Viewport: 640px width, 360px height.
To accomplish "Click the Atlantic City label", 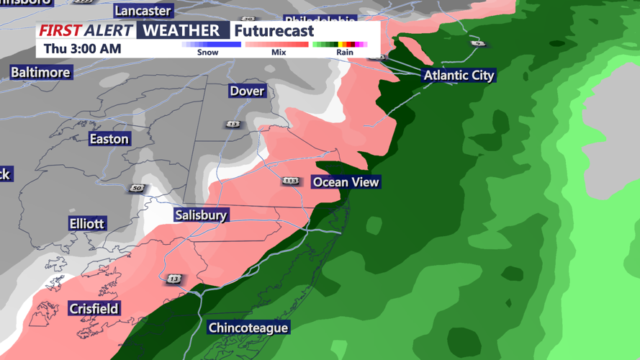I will click(459, 76).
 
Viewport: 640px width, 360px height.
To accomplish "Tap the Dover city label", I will click(247, 91).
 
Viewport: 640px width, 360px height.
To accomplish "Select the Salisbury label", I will click(201, 215).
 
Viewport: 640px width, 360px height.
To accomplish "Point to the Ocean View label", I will click(346, 182).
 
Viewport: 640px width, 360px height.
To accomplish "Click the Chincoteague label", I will click(248, 328).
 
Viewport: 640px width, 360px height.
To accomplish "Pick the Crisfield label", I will click(94, 309).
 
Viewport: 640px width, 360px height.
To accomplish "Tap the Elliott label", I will click(87, 224).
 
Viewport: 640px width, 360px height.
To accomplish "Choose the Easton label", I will click(109, 139).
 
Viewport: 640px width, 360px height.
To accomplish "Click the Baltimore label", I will click(40, 73).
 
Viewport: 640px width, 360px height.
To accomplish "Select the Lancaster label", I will click(143, 11).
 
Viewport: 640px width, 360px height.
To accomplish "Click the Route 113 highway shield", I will click(290, 181).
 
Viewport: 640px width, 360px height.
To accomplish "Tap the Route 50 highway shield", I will click(138, 189).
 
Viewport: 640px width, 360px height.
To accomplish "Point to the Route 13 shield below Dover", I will click(233, 125).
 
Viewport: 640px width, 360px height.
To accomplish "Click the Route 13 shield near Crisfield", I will click(174, 279).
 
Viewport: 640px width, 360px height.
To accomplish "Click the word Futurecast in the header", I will click(274, 31).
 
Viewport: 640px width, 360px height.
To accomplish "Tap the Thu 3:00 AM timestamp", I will click(82, 49).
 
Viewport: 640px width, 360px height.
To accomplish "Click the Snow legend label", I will click(207, 53).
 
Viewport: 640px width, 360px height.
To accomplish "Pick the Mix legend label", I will click(279, 53).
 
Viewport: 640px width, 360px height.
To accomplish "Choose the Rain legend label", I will click(345, 53).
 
